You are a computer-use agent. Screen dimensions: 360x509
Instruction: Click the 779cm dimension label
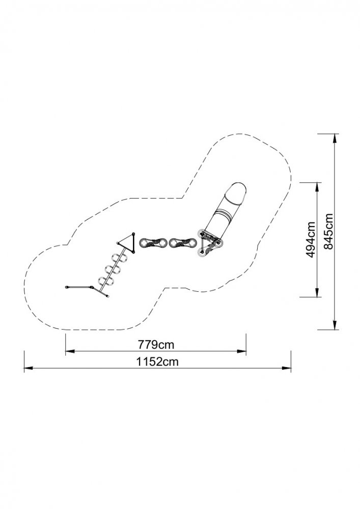[156, 344]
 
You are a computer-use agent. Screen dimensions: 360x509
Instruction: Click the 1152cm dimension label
[157, 361]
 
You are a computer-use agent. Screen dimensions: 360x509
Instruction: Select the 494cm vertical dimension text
[311, 240]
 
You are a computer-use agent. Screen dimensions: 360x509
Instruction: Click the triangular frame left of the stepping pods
[127, 242]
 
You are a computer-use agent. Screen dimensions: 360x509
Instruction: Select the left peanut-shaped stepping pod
[153, 243]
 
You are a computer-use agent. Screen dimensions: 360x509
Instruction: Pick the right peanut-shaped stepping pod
[183, 243]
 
